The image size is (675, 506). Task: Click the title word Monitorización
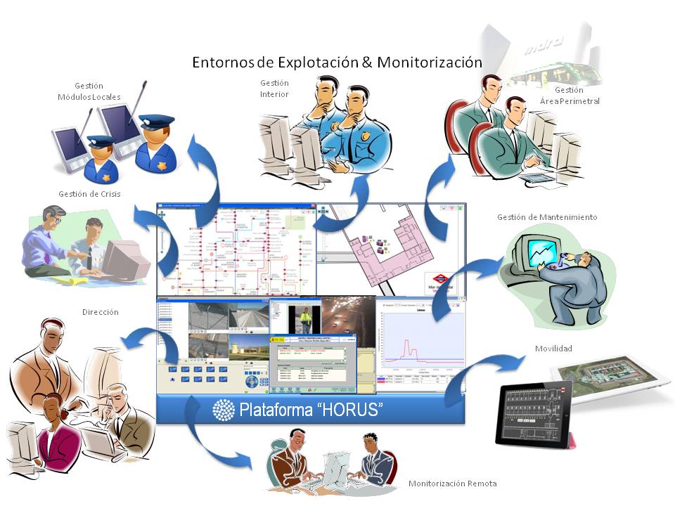429,62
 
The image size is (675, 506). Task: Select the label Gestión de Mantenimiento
546,217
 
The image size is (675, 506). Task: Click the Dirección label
100,311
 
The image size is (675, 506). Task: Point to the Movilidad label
553,349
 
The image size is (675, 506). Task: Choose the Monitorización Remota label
452,484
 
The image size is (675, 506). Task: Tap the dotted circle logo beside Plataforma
224,410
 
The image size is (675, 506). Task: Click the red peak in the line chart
406,344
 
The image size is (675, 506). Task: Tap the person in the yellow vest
307,321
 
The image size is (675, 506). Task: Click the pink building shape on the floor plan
394,245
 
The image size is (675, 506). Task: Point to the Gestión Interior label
274,89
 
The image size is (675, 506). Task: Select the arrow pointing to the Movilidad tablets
485,372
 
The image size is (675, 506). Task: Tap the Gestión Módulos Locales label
89,91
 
